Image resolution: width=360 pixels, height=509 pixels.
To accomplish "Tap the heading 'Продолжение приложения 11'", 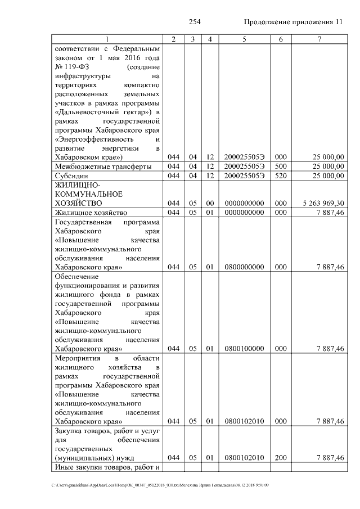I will click(292, 22).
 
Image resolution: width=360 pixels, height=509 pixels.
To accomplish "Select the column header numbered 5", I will click(244, 39).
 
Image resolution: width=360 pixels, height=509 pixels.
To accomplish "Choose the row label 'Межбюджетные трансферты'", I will click(102, 166).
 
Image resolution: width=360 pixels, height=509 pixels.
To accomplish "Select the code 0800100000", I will click(244, 349).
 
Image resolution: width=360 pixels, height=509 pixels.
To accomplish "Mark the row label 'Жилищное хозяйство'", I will click(91, 213).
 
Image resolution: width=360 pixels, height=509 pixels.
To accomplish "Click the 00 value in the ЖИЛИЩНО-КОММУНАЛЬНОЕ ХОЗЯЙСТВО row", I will click(209, 202).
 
